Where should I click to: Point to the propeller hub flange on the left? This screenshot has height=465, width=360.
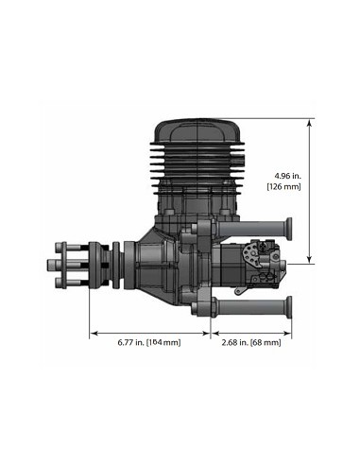pos(94,267)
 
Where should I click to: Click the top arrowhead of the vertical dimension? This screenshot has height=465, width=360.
pos(310,122)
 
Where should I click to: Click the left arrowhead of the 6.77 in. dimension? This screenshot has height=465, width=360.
pos(93,332)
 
